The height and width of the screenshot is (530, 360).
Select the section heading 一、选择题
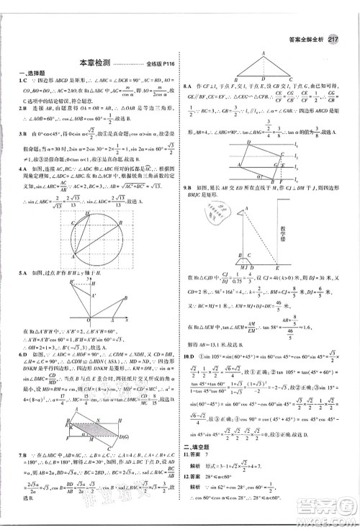pos(29,75)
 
